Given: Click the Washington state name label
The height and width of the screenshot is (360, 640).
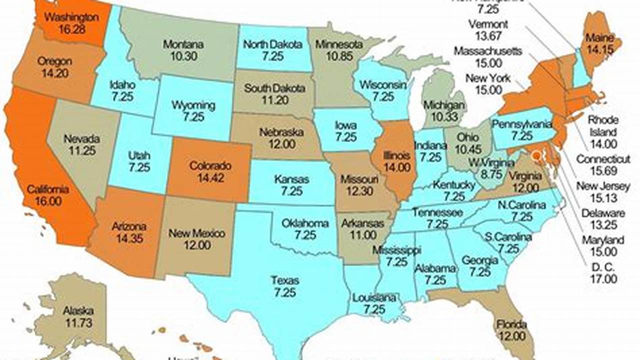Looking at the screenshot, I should [71, 17].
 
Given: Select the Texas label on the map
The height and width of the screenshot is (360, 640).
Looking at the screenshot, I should [285, 280].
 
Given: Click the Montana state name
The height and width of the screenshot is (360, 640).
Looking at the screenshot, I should [183, 44].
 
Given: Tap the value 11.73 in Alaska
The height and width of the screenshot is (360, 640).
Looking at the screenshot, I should [78, 323].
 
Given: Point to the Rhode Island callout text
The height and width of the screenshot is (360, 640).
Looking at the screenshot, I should [603, 126].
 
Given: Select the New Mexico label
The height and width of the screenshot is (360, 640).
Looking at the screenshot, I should [197, 233].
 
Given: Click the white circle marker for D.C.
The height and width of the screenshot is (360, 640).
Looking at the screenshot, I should [536, 156].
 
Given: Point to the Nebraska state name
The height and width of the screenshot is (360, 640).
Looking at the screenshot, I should [281, 132].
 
